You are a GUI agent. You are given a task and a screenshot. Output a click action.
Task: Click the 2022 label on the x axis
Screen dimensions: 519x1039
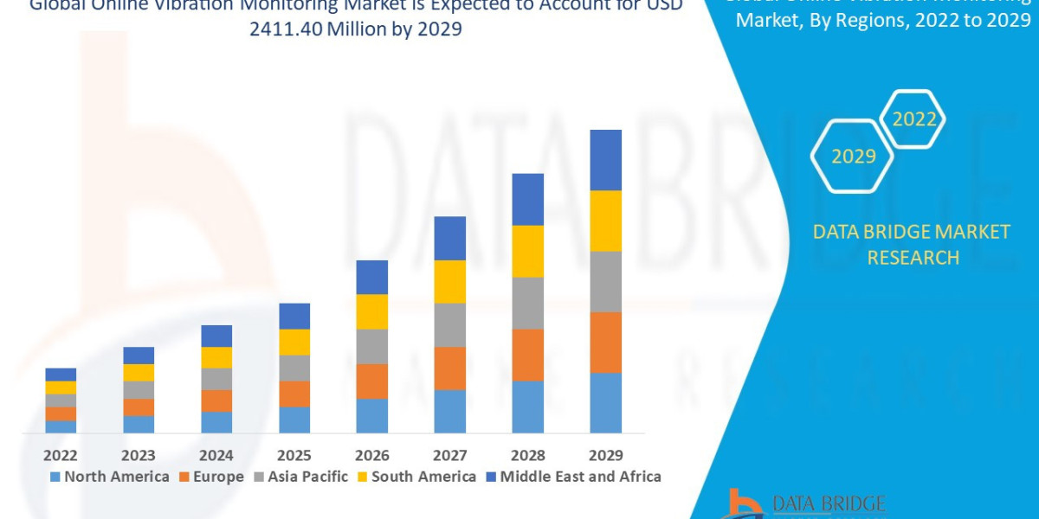(61, 455)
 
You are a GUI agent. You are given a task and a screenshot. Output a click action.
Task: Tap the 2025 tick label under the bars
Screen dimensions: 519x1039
(294, 455)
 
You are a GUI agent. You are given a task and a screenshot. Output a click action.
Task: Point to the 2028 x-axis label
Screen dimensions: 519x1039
(528, 455)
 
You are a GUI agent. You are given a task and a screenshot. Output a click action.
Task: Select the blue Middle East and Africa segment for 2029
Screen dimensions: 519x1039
(606, 160)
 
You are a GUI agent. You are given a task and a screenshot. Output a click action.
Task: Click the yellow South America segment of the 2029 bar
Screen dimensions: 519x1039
(606, 221)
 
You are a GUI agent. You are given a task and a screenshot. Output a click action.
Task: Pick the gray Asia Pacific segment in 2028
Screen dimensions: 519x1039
(528, 303)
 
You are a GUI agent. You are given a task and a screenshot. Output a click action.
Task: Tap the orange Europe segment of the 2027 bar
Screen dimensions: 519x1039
(450, 368)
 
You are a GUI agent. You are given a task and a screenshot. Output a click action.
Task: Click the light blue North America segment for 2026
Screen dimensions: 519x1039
(372, 415)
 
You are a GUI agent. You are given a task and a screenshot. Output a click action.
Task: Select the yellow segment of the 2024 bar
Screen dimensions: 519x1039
(216, 357)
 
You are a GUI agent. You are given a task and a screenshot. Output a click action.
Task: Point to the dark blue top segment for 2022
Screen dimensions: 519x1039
(61, 375)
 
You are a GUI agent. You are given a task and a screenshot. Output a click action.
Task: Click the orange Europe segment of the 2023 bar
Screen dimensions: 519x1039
(139, 407)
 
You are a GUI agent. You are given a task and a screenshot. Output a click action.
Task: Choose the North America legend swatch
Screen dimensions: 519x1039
(55, 477)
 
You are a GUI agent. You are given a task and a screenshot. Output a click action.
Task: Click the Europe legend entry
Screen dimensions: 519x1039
(212, 477)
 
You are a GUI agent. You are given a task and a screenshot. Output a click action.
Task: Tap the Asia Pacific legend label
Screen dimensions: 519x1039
(307, 477)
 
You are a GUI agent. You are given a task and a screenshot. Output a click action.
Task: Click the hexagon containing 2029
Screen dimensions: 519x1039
(852, 157)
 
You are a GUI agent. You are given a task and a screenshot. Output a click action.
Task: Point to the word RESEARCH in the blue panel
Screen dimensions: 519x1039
(913, 258)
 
